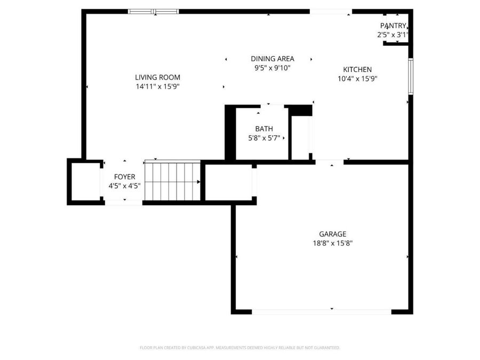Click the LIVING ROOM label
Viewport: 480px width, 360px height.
(x=158, y=77)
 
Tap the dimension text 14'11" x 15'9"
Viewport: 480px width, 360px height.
(x=158, y=86)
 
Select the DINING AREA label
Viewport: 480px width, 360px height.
(x=273, y=59)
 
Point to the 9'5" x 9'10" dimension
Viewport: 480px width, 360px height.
(x=273, y=68)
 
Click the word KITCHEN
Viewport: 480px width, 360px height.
(x=357, y=69)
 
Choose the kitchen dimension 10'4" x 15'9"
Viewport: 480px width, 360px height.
(x=357, y=79)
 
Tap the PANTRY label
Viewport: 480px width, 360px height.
(x=393, y=26)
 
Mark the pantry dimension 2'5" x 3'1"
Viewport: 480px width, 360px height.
(x=393, y=35)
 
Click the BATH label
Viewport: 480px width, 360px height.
(x=264, y=129)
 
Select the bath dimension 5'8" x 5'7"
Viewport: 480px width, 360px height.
(x=264, y=138)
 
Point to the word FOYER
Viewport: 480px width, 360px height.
(x=125, y=177)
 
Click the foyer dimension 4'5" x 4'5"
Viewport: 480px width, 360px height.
(x=125, y=186)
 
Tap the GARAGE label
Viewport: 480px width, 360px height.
(x=333, y=234)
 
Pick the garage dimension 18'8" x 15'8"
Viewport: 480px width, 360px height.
(x=333, y=243)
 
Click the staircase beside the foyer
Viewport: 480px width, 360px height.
(x=172, y=181)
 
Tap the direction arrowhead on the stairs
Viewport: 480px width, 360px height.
(x=199, y=182)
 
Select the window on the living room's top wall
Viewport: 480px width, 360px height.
(x=153, y=12)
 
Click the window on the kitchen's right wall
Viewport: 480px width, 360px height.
(x=411, y=76)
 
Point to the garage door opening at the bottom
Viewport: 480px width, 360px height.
(x=322, y=311)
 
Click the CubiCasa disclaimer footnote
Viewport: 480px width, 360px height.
(x=239, y=348)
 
